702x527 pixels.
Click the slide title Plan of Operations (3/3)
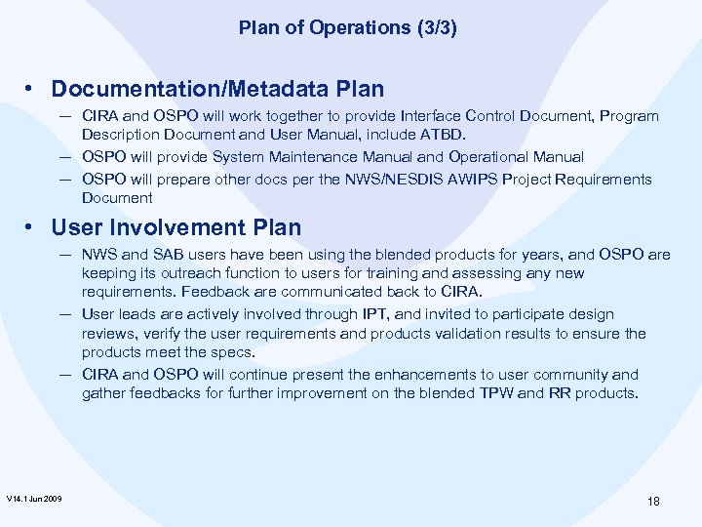click(348, 28)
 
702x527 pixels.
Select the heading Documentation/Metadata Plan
click(217, 89)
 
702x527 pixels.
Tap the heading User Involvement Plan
click(176, 228)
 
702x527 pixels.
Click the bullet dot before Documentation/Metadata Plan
click(33, 89)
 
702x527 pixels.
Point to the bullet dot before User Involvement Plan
click(33, 228)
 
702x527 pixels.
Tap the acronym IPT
click(374, 314)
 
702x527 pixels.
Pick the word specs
click(234, 352)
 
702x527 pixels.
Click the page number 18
click(653, 501)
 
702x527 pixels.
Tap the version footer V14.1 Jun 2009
click(34, 499)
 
